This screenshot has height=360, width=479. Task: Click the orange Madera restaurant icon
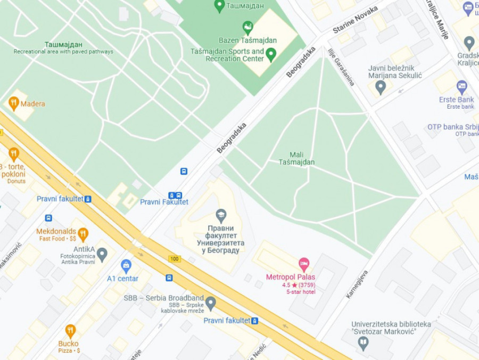(14, 103)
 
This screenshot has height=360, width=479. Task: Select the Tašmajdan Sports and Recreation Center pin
(271, 54)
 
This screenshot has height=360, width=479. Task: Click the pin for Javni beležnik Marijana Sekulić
(380, 87)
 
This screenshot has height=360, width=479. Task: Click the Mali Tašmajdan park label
(296, 158)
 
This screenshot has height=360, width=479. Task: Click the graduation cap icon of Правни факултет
(220, 216)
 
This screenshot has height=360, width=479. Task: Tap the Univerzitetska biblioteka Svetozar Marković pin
(364, 343)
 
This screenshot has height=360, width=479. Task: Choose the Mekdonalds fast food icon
(82, 234)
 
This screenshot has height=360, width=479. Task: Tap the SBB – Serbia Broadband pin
(211, 303)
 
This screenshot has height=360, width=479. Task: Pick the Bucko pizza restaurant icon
(70, 331)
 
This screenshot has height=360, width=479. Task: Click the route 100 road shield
(174, 259)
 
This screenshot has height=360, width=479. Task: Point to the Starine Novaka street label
(355, 20)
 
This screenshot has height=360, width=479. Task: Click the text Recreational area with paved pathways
(63, 52)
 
